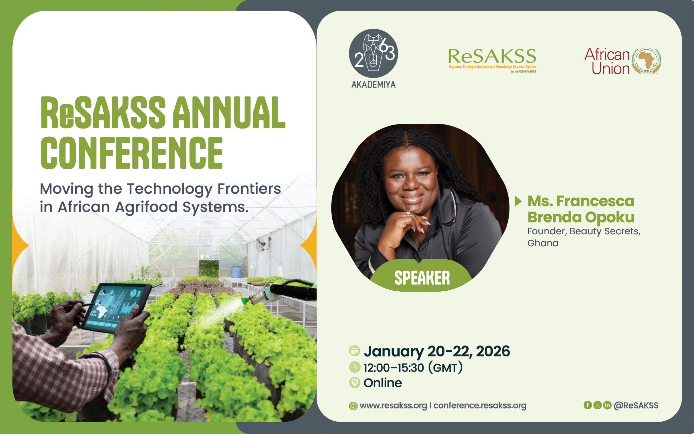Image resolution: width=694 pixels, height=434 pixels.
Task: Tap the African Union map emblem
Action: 647,61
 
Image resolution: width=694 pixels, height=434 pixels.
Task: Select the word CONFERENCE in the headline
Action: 131,153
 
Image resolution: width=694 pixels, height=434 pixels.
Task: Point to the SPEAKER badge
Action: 422,277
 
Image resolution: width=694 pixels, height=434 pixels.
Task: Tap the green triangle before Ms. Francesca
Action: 518,201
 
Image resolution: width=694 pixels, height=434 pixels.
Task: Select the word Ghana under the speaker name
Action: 543,243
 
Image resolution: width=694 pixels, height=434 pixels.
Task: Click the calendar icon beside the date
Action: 355,351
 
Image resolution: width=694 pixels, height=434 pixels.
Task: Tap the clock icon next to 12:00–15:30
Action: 355,367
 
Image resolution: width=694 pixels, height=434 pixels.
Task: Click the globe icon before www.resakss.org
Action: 353,406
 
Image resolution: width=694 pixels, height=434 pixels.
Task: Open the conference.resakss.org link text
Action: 480,406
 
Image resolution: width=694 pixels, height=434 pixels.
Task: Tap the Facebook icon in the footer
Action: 588,405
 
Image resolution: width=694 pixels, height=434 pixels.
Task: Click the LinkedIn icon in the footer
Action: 607,405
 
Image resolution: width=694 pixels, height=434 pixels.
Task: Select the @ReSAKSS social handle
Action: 636,405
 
